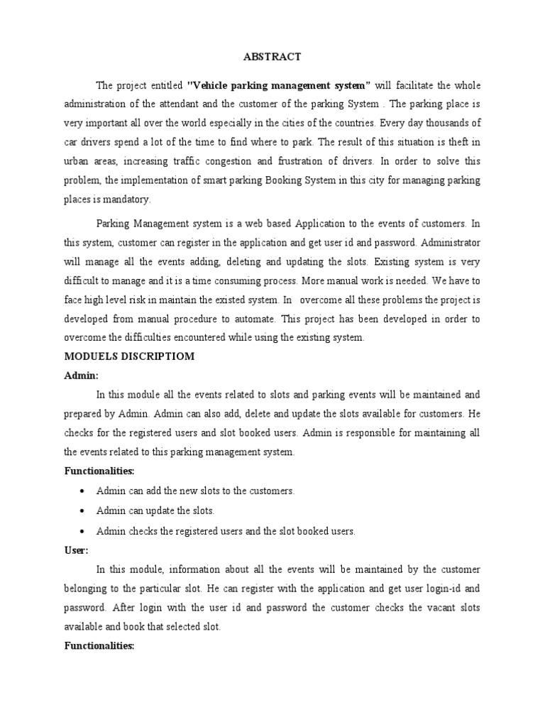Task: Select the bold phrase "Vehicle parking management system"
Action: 279,86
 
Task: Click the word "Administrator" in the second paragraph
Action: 448,242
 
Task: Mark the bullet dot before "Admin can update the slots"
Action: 84,511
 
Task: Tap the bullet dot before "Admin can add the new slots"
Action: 84,491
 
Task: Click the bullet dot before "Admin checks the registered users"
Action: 84,531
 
